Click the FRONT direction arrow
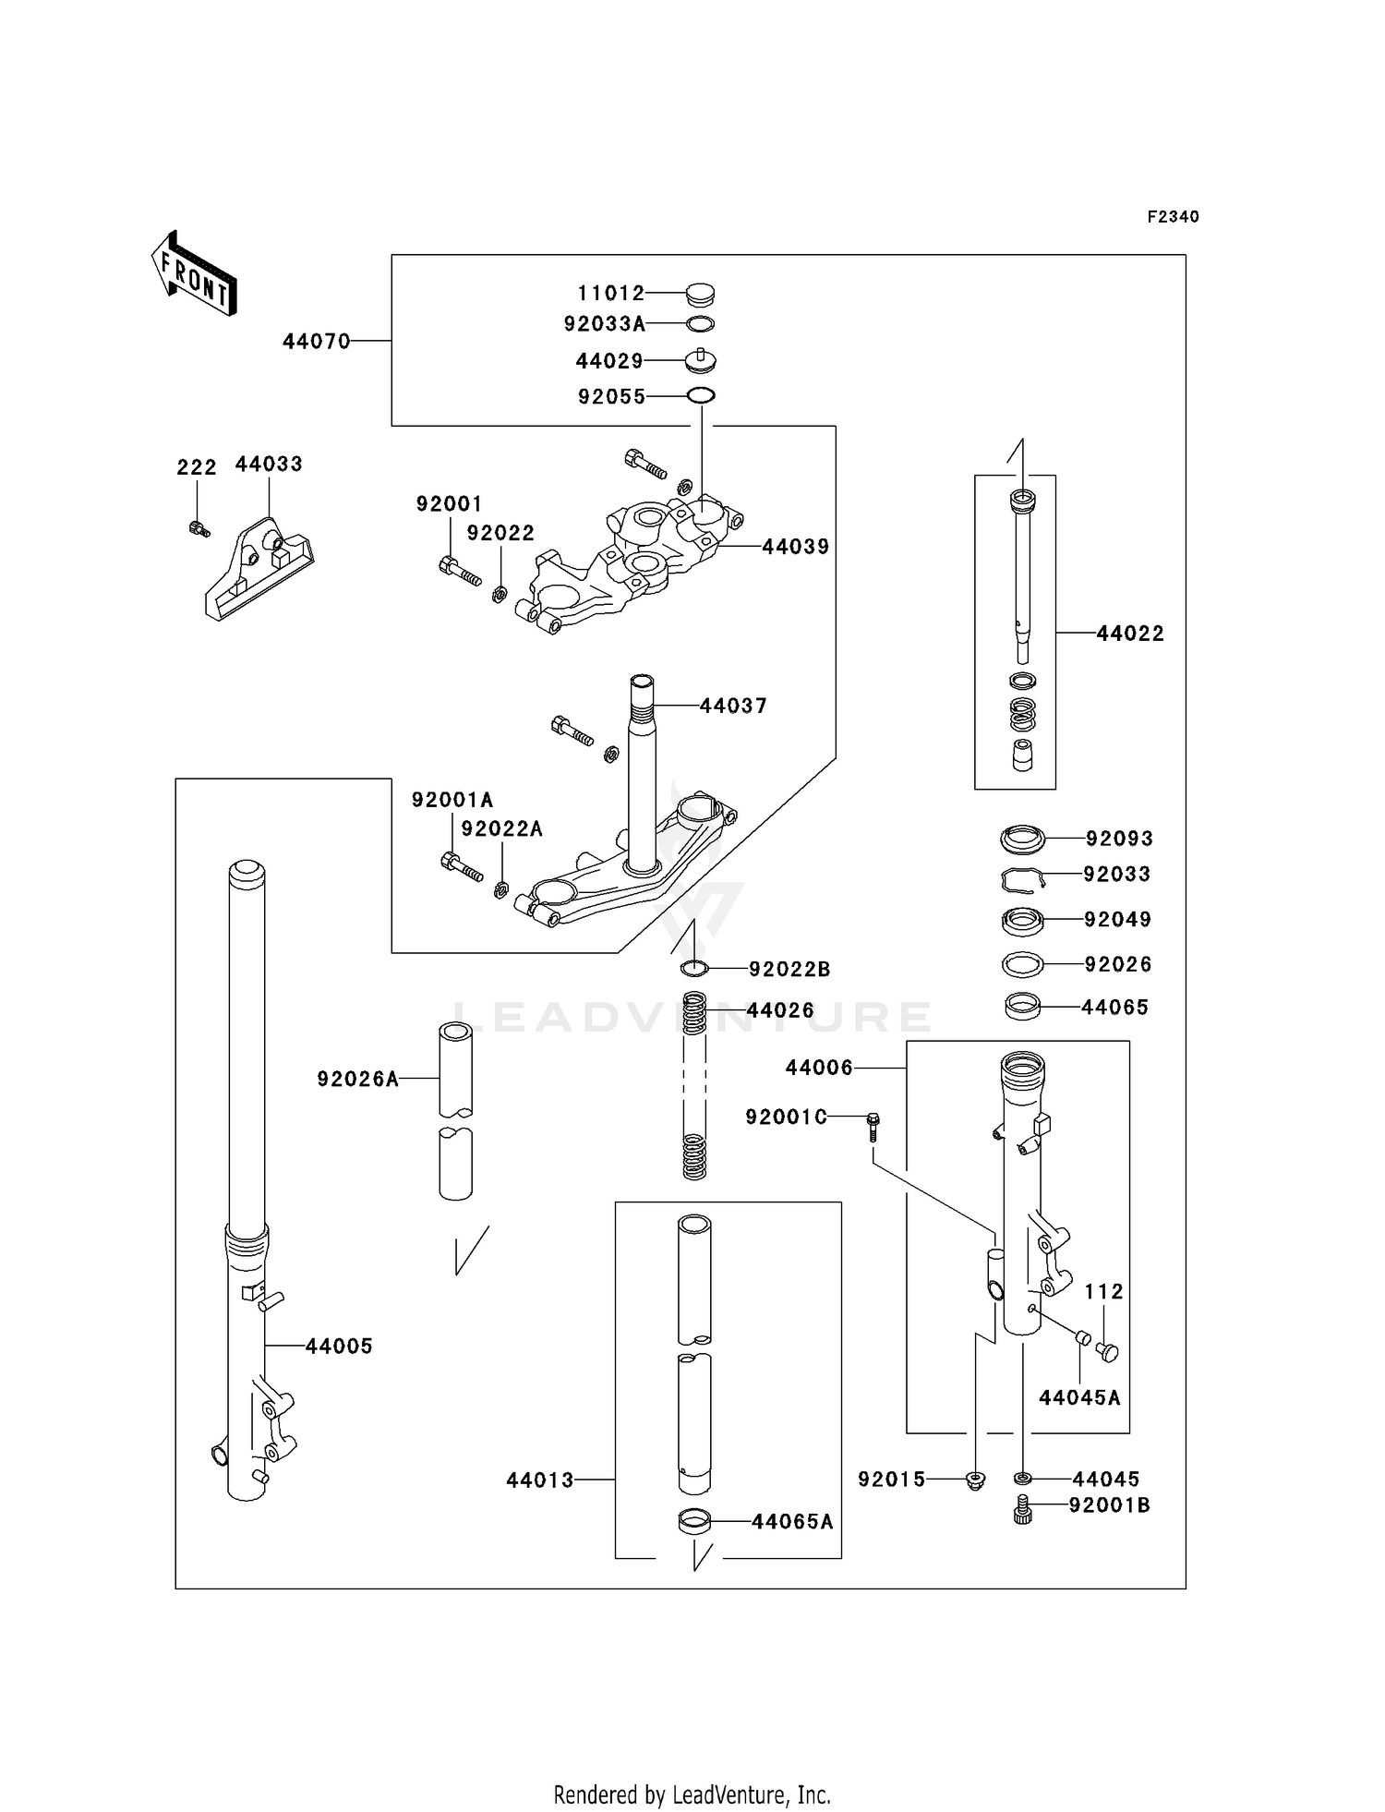[x=194, y=274]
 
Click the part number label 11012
[x=610, y=294]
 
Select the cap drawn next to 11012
[x=701, y=295]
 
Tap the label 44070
[x=316, y=342]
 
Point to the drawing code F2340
[x=1173, y=217]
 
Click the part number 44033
[x=269, y=465]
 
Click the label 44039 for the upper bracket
[x=795, y=547]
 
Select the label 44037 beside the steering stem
[x=733, y=707]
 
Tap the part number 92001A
[x=452, y=800]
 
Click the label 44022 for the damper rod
[x=1130, y=634]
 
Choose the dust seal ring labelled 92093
[x=1023, y=840]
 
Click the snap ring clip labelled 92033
[x=1022, y=879]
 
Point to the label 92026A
[x=357, y=1079]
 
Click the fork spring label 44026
[x=780, y=1011]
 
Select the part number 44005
[x=339, y=1347]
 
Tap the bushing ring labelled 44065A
[x=695, y=1521]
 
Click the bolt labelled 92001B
[x=1022, y=1509]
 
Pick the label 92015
[x=891, y=1480]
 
